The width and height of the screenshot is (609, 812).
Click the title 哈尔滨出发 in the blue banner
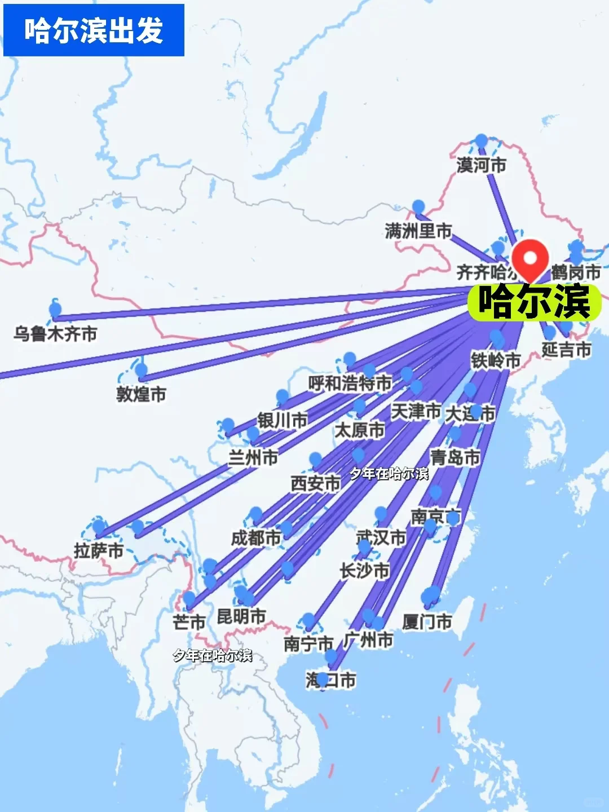tap(94, 30)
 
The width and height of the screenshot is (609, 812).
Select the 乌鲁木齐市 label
tap(55, 334)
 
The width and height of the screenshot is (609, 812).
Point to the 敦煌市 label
tap(141, 394)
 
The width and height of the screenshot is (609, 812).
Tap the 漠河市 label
tap(481, 165)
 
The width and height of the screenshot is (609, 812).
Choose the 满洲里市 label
tap(418, 231)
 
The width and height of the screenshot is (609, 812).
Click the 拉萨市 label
tap(99, 550)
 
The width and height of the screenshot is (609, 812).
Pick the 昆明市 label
tap(241, 616)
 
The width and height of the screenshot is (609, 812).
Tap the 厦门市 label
tap(427, 622)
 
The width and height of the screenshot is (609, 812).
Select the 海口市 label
tap(330, 681)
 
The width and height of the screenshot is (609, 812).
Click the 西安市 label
tap(315, 483)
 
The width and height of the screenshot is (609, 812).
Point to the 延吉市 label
tap(566, 350)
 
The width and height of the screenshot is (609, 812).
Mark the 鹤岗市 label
tap(576, 272)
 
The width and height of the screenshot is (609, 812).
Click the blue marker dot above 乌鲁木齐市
tap(55, 309)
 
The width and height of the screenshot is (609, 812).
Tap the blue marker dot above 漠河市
tap(481, 140)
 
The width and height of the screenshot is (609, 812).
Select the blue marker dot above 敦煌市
tap(142, 370)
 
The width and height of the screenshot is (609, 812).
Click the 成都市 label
tap(255, 538)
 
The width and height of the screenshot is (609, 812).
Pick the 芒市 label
tap(189, 622)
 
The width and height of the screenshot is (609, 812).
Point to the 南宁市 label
tap(308, 643)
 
